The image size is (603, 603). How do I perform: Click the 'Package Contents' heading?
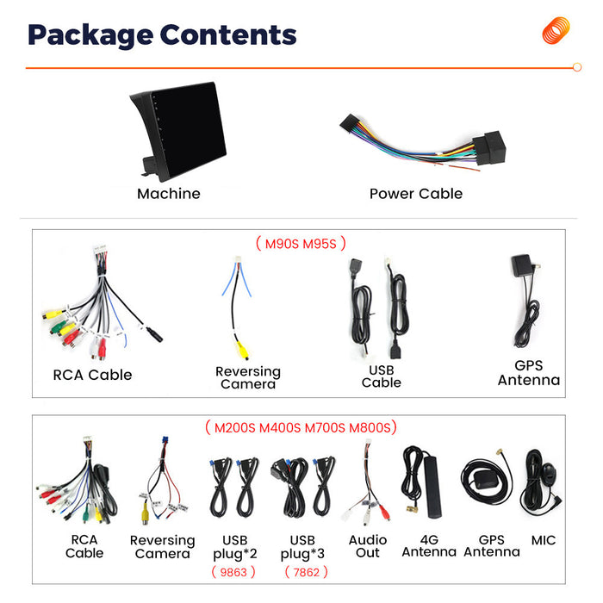(162, 35)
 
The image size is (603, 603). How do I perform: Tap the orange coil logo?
(556, 30)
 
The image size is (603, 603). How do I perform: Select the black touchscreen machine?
(178, 131)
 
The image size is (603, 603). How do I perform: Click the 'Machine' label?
(169, 194)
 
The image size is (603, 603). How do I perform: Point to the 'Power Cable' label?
(416, 194)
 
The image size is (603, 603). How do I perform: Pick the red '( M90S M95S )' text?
(301, 244)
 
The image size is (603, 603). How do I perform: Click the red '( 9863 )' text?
(233, 572)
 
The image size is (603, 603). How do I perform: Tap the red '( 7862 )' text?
(306, 572)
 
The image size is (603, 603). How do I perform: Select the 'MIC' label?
(544, 540)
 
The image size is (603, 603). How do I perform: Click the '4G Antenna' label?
(429, 545)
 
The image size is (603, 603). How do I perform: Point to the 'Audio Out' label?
(368, 546)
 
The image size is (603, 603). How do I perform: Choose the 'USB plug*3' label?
(302, 547)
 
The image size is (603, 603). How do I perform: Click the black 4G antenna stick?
(432, 487)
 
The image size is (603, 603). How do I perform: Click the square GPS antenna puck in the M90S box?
(522, 265)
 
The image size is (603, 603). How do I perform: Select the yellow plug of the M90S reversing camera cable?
(242, 350)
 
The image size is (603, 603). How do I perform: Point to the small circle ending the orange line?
(577, 67)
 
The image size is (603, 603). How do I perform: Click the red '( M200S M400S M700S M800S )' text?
(301, 427)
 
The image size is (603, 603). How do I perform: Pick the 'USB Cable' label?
(381, 376)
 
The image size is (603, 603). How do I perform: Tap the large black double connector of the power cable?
(489, 147)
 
